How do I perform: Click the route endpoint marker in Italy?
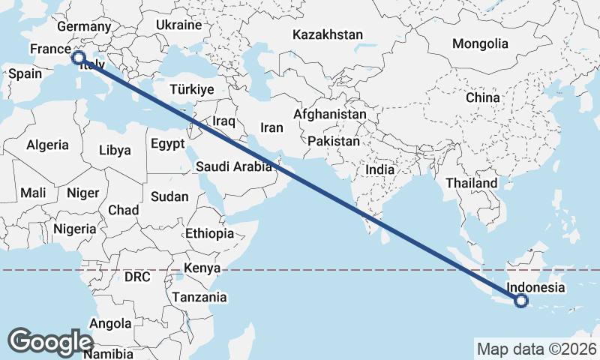coord(78,57)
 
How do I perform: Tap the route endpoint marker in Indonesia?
coord(522,301)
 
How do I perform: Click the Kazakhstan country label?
coord(328,34)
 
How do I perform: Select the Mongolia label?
coord(480,43)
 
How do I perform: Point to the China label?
coord(482,97)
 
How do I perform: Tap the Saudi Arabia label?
coord(234,167)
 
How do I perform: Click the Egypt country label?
coord(167,143)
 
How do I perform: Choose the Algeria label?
coord(47,145)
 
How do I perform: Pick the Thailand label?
coord(471,183)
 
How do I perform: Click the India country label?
coord(380,170)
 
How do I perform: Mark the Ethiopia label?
coord(210,233)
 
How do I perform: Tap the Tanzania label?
coord(199,297)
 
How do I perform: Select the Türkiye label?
coord(192,89)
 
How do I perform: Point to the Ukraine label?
coord(179,25)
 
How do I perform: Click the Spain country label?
coord(25,73)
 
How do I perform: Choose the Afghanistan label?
coord(330,115)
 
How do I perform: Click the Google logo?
coord(50,342)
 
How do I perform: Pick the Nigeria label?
coord(75,229)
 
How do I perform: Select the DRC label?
coord(137,277)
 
